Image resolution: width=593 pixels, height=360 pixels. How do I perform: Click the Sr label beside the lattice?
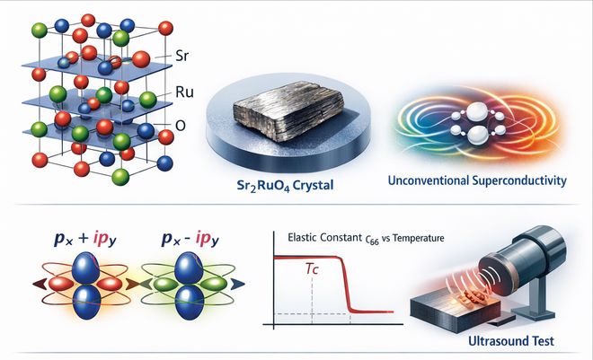[x=181, y=57]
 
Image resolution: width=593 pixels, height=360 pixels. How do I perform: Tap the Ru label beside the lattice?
[x=184, y=92]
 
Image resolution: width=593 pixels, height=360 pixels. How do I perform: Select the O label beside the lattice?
[x=181, y=126]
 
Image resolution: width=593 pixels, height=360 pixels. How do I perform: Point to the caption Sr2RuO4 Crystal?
[x=285, y=186]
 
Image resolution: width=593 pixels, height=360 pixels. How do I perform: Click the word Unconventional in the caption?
[x=429, y=180]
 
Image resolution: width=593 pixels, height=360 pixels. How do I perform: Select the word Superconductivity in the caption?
[x=519, y=180]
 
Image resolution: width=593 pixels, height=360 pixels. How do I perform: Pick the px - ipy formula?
[x=190, y=239]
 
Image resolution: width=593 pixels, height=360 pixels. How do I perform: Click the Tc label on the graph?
[x=312, y=269]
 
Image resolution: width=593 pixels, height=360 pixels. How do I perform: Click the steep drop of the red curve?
[x=346, y=284]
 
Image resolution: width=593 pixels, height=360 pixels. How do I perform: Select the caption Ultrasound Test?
[x=511, y=341]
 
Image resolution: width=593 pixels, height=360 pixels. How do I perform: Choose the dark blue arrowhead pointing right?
[x=237, y=284]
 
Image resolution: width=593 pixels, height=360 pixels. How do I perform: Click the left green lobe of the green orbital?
[x=165, y=284]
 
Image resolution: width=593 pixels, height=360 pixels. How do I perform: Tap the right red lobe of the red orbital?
[x=110, y=284]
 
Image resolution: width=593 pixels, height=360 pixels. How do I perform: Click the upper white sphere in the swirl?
[x=478, y=112]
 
